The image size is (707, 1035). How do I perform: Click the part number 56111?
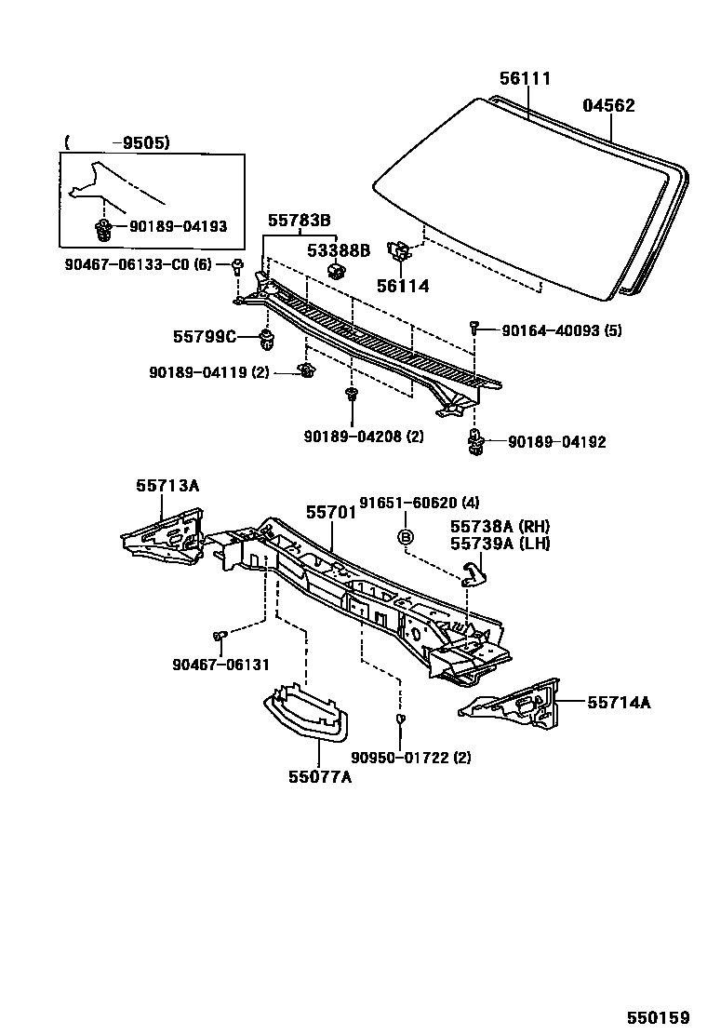525,79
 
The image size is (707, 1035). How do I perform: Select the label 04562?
608,105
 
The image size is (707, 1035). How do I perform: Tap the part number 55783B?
300,221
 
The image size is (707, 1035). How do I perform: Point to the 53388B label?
340,249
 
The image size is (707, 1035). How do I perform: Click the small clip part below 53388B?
337,272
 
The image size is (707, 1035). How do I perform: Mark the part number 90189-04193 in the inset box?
178,226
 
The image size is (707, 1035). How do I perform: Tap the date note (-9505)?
117,142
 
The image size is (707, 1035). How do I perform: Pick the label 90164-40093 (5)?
549,330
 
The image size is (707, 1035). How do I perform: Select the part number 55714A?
619,703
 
